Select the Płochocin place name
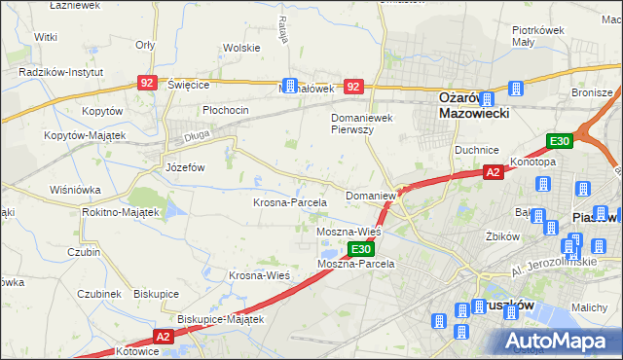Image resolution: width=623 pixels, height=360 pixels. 226,110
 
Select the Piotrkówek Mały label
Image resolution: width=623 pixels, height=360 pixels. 539,36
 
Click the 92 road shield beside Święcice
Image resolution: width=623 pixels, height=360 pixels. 147,85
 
